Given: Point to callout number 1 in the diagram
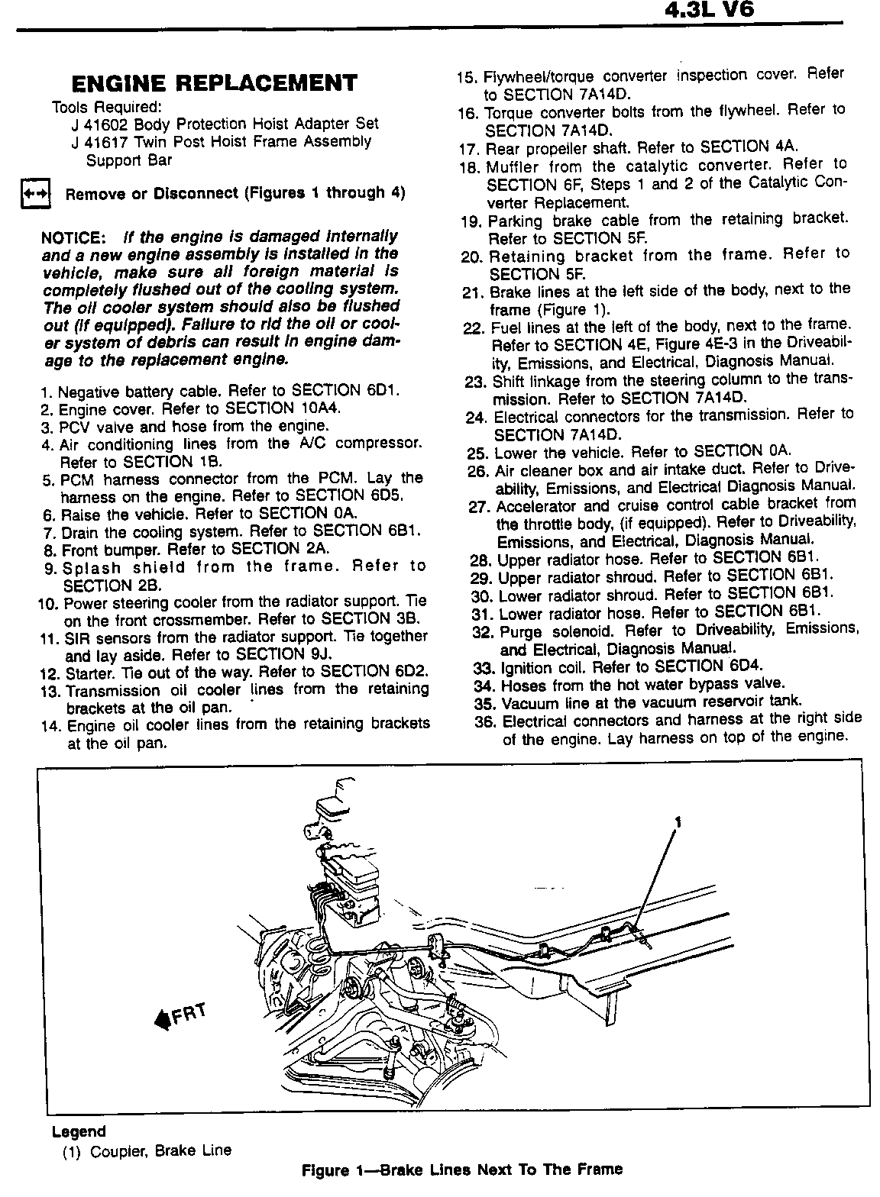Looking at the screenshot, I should (677, 821).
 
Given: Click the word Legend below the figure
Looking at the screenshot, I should (79, 1131).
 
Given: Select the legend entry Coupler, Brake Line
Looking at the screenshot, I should (160, 1150).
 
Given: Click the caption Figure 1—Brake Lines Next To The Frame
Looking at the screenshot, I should (461, 1170).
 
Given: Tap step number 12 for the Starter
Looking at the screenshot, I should (49, 673).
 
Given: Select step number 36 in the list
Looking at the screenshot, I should (485, 721).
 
